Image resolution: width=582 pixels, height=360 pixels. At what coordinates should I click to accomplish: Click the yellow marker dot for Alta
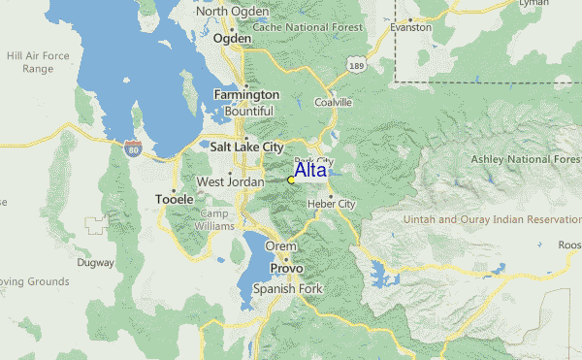291,180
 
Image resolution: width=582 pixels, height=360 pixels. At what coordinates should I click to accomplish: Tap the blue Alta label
310,170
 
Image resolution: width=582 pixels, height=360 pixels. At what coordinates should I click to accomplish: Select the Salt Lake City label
246,147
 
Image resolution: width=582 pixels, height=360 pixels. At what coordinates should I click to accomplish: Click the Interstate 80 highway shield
132,148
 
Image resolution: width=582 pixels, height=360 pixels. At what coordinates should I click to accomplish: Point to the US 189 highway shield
358,65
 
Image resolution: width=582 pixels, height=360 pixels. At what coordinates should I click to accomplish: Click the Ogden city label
232,39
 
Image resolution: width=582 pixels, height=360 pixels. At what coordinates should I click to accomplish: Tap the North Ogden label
232,12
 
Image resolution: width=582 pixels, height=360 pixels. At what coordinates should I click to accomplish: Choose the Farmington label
246,95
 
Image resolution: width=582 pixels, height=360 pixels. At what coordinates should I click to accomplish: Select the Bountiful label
249,112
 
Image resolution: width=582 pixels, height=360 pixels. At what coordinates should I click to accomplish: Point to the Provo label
286,268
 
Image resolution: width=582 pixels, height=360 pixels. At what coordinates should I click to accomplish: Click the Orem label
281,246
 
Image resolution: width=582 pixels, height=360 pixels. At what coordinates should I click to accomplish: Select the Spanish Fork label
284,289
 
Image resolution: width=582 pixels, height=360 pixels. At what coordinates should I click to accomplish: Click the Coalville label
332,102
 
